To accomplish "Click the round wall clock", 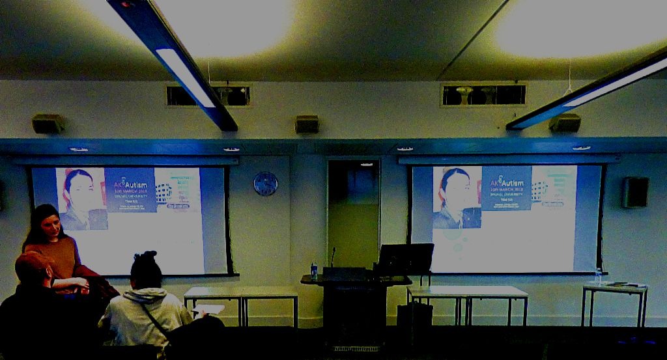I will coord(265,184).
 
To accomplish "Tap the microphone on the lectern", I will coord(333,255).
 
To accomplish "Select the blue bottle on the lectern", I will coord(314,270).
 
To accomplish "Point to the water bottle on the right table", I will coord(598,276).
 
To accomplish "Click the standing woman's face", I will coord(51,227).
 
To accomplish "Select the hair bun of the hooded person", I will coord(146,256).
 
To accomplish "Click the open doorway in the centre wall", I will coord(353,212).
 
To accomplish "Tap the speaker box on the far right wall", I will coord(634,192).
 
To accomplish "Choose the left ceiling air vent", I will coord(208,96).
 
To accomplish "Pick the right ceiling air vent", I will coord(483,95).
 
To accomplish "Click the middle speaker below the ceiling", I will coord(307,124).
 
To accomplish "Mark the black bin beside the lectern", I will coord(415,315).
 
